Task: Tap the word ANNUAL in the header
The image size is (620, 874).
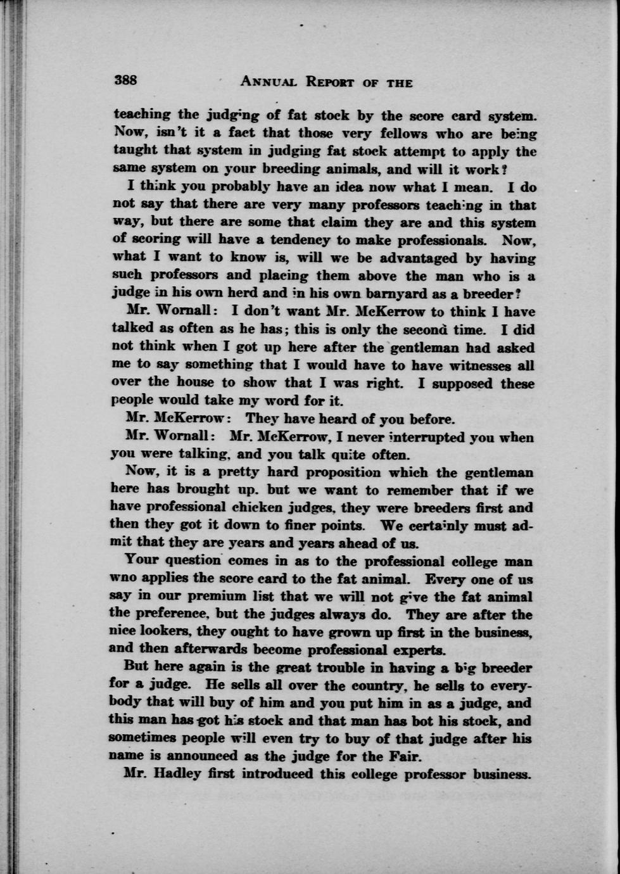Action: [x=269, y=82]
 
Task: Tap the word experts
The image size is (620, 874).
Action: [x=419, y=650]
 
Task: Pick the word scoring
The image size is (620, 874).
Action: [x=151, y=240]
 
